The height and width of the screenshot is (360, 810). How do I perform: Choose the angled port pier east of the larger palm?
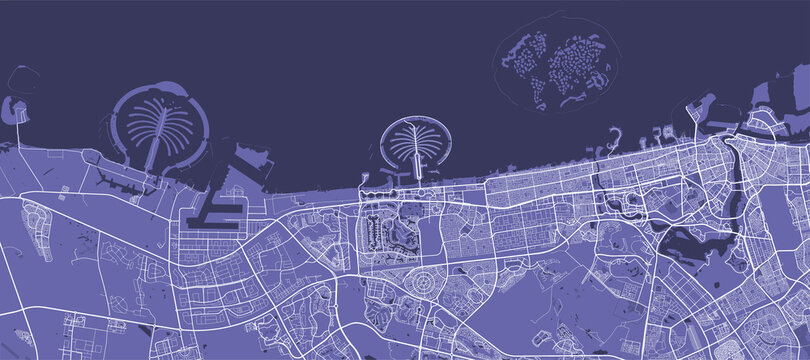(251, 166)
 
